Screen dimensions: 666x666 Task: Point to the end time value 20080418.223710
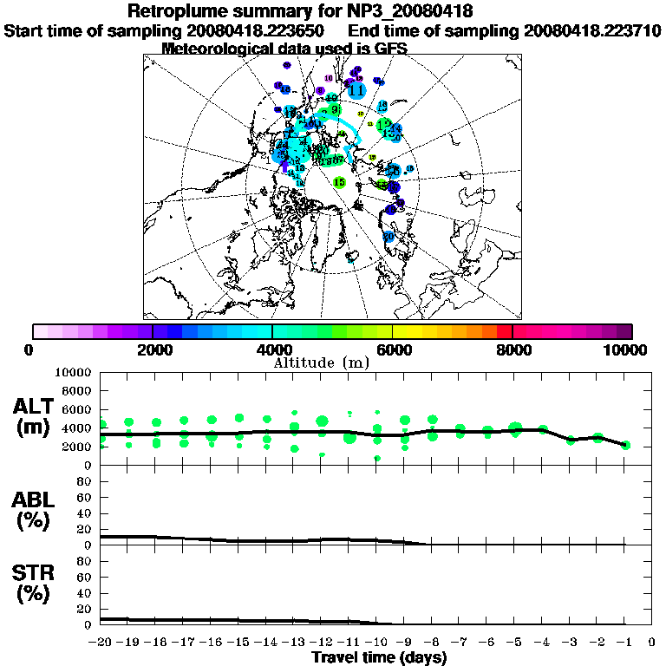click(x=592, y=31)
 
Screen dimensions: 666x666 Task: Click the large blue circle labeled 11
click(x=356, y=88)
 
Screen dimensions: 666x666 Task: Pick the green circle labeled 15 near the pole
click(x=339, y=182)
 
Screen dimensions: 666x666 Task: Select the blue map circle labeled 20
click(x=388, y=236)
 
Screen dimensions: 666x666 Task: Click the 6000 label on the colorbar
click(x=394, y=349)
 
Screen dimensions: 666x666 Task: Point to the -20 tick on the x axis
click(x=101, y=643)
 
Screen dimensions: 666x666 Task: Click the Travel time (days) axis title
click(x=379, y=657)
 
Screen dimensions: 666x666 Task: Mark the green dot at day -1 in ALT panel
click(x=625, y=446)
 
